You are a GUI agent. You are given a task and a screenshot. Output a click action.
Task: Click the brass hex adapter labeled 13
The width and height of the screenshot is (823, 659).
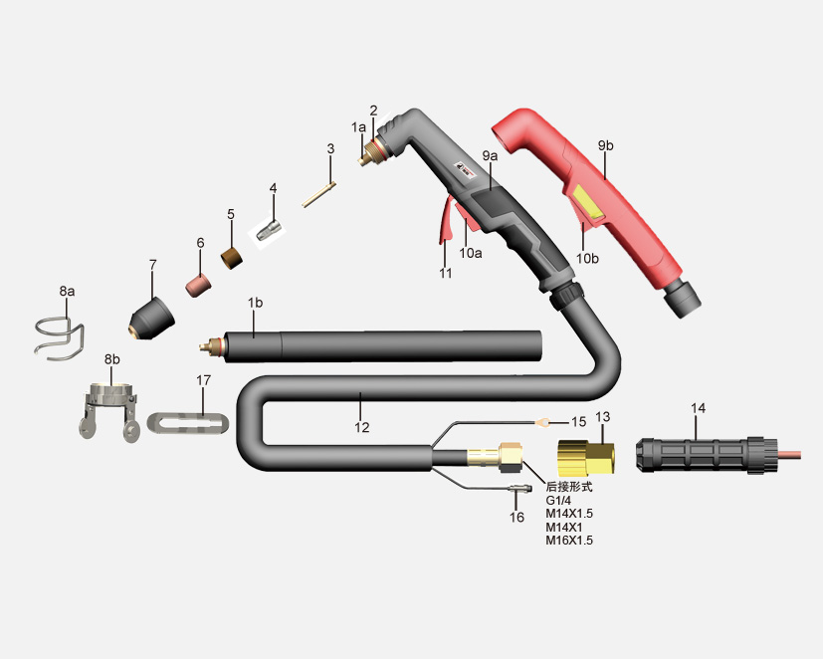pyautogui.click(x=586, y=458)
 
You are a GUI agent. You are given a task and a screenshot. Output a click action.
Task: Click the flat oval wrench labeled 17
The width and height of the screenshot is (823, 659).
pyautogui.click(x=188, y=423)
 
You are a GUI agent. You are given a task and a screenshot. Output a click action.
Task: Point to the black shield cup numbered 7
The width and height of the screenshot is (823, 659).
pyautogui.click(x=151, y=319)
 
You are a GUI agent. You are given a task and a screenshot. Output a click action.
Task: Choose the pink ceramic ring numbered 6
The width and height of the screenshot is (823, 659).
pyautogui.click(x=198, y=285)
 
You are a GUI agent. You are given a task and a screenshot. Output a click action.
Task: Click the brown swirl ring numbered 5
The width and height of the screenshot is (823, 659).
pyautogui.click(x=232, y=258)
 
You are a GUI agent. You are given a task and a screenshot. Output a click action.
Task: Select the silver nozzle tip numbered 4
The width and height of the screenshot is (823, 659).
pyautogui.click(x=270, y=230)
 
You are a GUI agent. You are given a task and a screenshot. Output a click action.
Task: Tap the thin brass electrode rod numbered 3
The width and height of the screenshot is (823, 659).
pyautogui.click(x=319, y=194)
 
